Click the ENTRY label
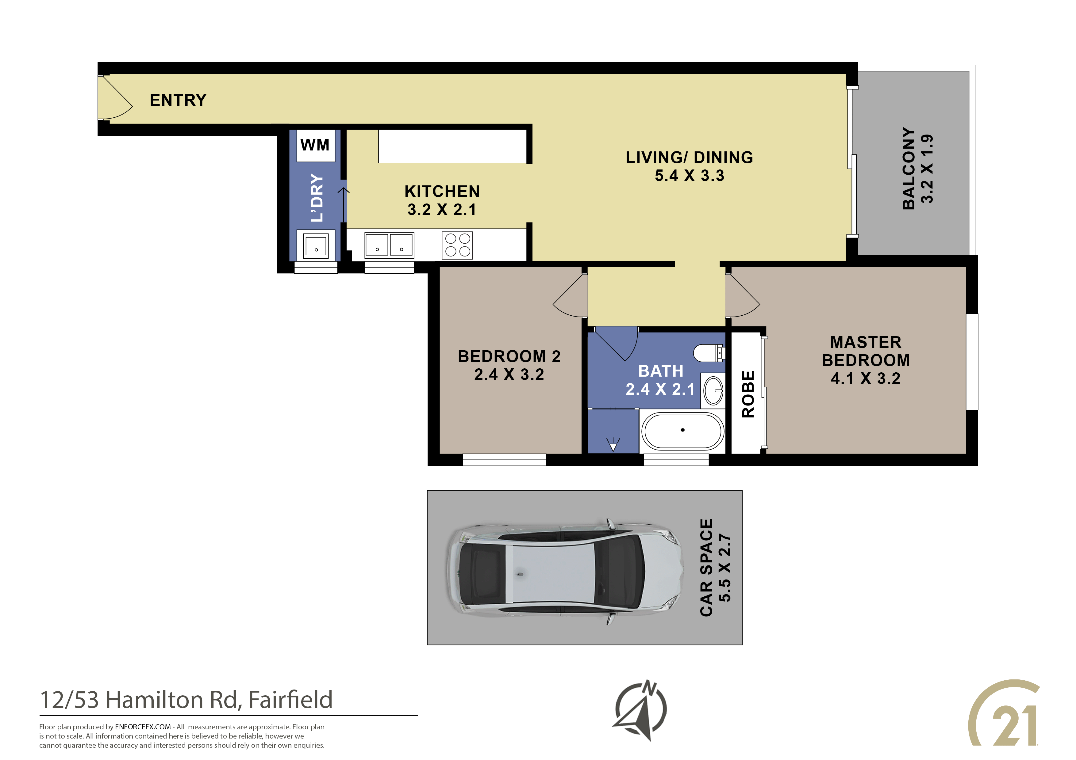[178, 100]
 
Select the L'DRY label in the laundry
[317, 198]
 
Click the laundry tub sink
[316, 245]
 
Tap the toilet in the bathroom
[709, 353]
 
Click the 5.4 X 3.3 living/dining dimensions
[690, 176]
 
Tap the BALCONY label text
[909, 169]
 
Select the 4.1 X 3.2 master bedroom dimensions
[866, 378]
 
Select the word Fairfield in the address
[290, 700]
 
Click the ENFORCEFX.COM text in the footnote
[143, 727]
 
